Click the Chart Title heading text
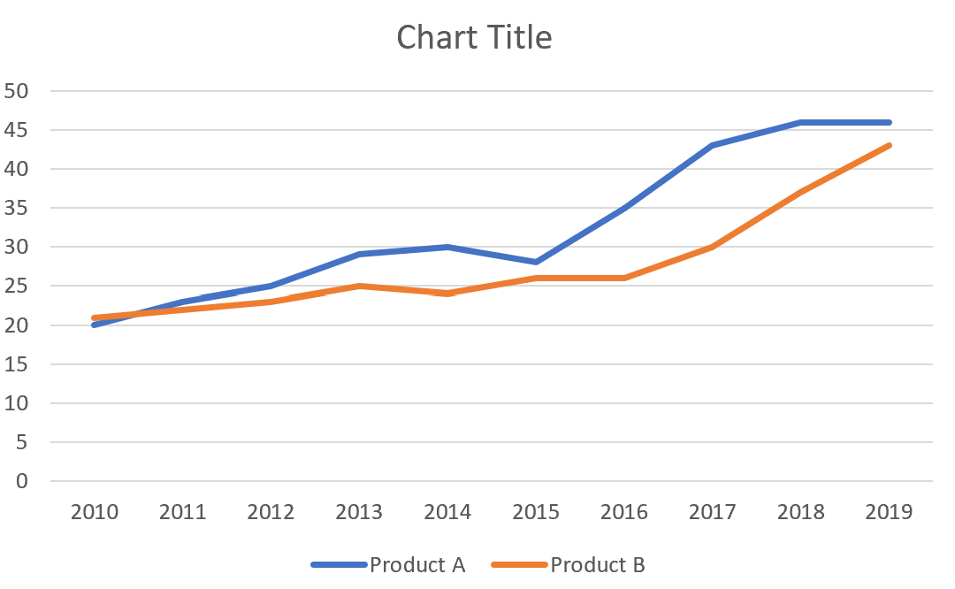tap(474, 37)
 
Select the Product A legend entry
tap(416, 564)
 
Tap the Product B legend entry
tap(598, 564)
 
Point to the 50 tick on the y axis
tap(17, 91)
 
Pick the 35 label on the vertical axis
tap(17, 208)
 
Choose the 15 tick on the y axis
tap(17, 364)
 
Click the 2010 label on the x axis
tap(95, 513)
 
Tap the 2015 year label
tap(536, 513)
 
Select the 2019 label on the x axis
tap(889, 513)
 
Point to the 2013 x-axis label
tap(359, 513)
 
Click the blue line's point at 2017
tap(712, 145)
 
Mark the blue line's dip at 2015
tap(536, 263)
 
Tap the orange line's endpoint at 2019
tap(889, 145)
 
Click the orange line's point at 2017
tap(712, 247)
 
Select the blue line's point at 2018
tap(800, 122)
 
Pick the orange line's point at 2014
tap(447, 294)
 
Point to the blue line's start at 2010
tap(95, 325)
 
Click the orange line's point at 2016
tap(624, 278)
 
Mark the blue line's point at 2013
tap(359, 255)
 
